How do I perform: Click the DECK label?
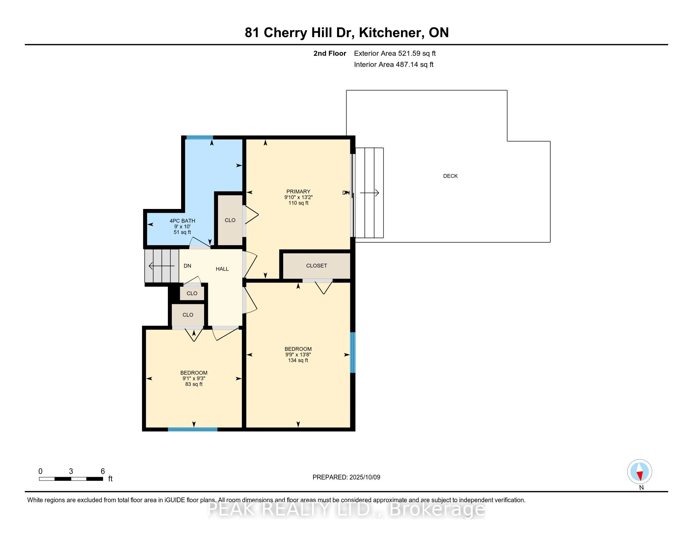450,176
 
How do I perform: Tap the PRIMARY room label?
298,191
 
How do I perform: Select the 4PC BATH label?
182,221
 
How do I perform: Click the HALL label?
222,269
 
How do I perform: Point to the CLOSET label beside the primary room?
316,266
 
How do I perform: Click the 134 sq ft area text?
298,360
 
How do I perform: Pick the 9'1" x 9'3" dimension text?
194,378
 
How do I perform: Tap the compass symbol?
640,472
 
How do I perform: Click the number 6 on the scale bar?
103,471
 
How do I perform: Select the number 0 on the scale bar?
40,471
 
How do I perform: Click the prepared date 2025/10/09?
364,477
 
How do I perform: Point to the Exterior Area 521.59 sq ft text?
395,53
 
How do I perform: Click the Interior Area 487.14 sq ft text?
394,65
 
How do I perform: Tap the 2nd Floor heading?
330,53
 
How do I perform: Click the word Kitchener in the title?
392,33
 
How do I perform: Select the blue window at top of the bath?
200,138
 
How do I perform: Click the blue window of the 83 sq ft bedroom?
192,430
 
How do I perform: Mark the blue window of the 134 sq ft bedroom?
352,352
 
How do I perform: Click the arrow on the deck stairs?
369,193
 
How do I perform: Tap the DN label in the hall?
187,266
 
